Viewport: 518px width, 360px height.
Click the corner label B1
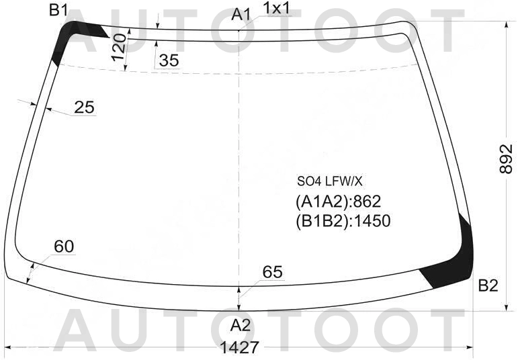point(58,11)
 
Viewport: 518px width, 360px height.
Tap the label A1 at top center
point(241,15)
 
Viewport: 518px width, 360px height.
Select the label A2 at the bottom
point(241,325)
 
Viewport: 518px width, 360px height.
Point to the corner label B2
point(488,285)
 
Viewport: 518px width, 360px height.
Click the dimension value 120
point(119,48)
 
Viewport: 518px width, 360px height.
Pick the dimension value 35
point(169,60)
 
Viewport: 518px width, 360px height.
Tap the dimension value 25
point(84,107)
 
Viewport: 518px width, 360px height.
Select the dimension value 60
point(64,246)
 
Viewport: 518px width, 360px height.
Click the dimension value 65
point(273,272)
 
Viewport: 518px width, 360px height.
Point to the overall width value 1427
point(239,347)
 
